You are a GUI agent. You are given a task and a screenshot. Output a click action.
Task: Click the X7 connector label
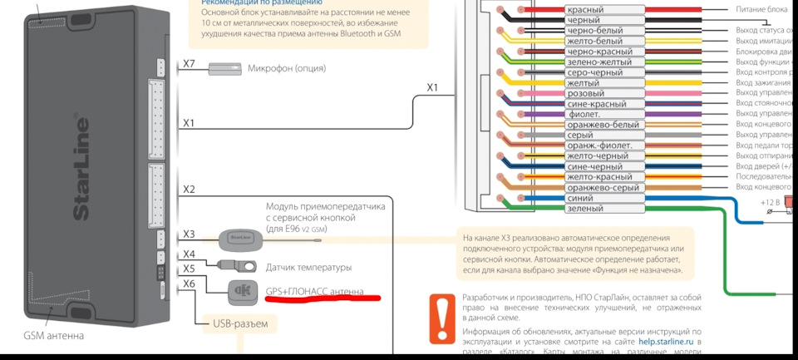coord(189,64)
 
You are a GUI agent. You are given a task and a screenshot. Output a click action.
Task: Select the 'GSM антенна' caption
coord(53,336)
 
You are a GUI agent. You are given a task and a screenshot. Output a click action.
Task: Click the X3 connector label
coord(189,234)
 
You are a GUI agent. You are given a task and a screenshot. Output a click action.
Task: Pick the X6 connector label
coord(189,284)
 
